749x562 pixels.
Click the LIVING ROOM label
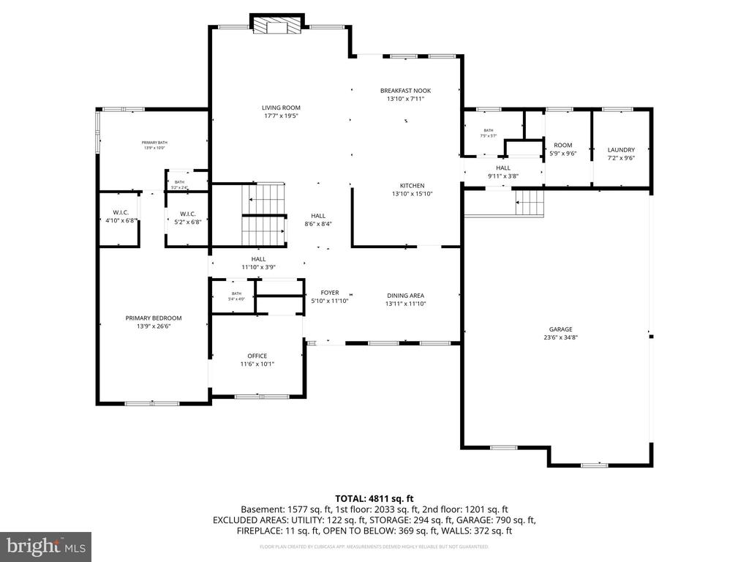click(282, 108)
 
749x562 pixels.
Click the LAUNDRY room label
click(621, 150)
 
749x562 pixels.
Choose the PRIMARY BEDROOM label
click(154, 318)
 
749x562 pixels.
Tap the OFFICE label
click(257, 356)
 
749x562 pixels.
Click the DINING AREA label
click(406, 296)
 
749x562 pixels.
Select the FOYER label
click(330, 293)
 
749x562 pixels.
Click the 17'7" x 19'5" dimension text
click(282, 116)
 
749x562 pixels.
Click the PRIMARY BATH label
click(154, 142)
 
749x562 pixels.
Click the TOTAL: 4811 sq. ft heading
click(374, 497)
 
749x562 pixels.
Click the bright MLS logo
click(45, 546)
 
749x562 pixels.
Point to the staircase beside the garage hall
click(529, 201)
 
